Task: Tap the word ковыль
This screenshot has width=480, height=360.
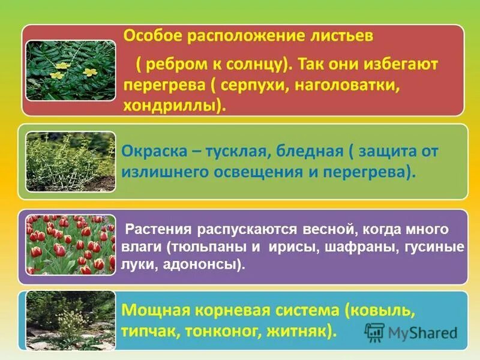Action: [384, 311]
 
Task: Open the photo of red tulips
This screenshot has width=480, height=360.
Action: [70, 244]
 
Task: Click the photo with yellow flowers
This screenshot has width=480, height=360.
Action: [70, 70]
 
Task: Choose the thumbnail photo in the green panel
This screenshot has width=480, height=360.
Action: [70, 161]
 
